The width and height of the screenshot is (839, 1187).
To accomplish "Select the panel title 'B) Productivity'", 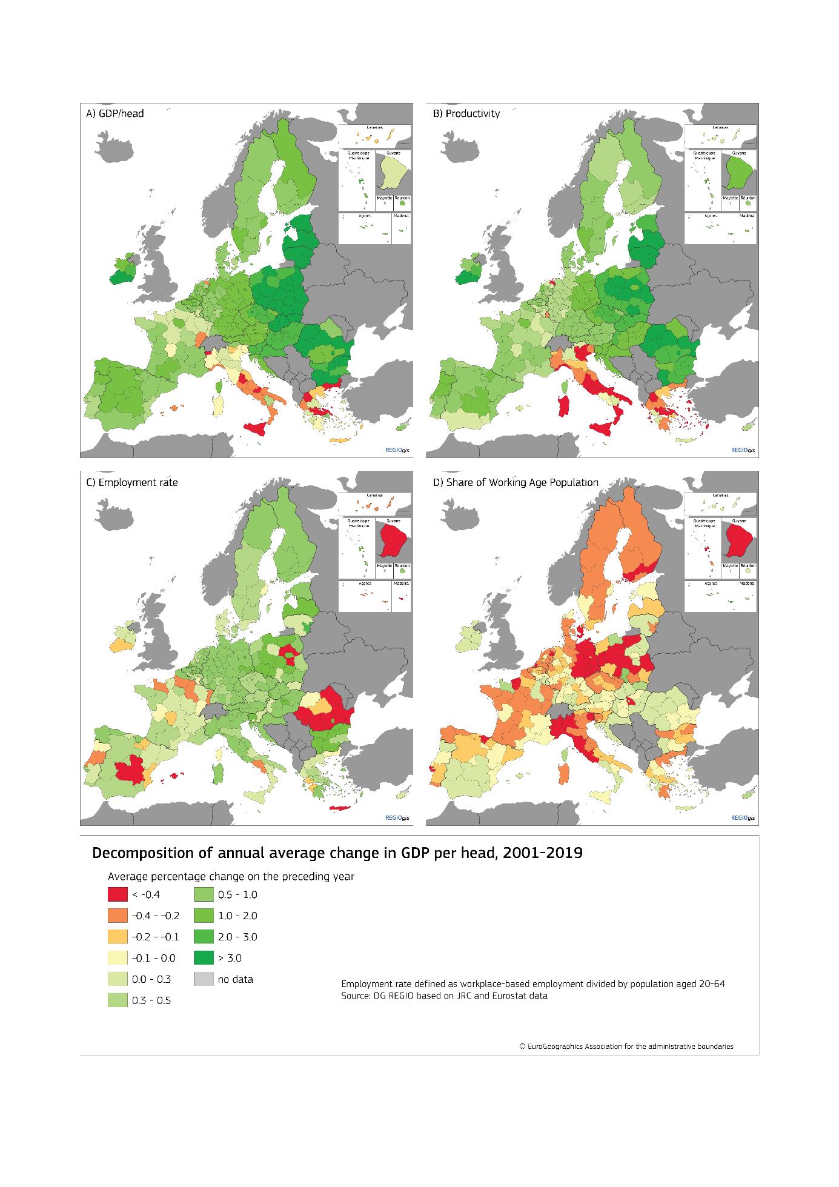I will [x=466, y=113].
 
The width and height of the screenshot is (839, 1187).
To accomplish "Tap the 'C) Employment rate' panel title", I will [x=132, y=482].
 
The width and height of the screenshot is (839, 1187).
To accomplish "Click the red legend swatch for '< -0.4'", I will [x=118, y=894].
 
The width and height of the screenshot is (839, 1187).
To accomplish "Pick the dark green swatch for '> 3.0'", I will [x=204, y=958].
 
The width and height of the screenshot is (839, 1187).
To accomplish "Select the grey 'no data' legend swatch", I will [x=204, y=979].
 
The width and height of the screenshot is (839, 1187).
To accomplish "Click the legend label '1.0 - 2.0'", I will [x=237, y=916].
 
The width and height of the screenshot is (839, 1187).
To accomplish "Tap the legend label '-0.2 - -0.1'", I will [x=155, y=937].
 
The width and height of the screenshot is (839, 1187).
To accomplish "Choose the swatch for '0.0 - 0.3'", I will [x=118, y=979].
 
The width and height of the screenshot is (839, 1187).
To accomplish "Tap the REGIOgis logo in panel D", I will [x=743, y=818].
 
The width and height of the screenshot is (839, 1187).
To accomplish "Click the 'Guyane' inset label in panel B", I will [x=738, y=153].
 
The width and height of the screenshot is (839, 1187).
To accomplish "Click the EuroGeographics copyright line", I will [x=626, y=1046].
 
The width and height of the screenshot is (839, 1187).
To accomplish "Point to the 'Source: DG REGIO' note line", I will [x=444, y=996].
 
